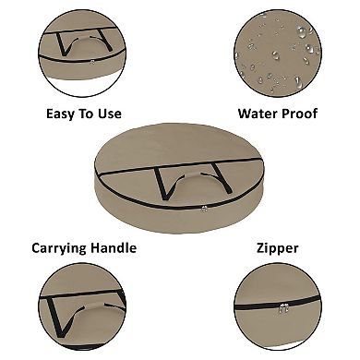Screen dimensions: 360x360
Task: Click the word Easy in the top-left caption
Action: coord(60,114)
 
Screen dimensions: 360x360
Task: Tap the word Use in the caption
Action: coord(110,114)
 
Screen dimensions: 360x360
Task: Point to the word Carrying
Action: coord(56,248)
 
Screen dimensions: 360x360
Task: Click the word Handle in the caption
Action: coord(111,247)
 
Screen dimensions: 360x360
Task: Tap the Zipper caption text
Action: coord(278,248)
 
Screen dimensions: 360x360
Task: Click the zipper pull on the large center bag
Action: coord(204,209)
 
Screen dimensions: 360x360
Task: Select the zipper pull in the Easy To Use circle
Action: coord(91,62)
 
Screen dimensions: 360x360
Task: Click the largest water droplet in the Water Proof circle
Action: coord(302,31)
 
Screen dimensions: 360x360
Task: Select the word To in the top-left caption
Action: coord(86,114)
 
